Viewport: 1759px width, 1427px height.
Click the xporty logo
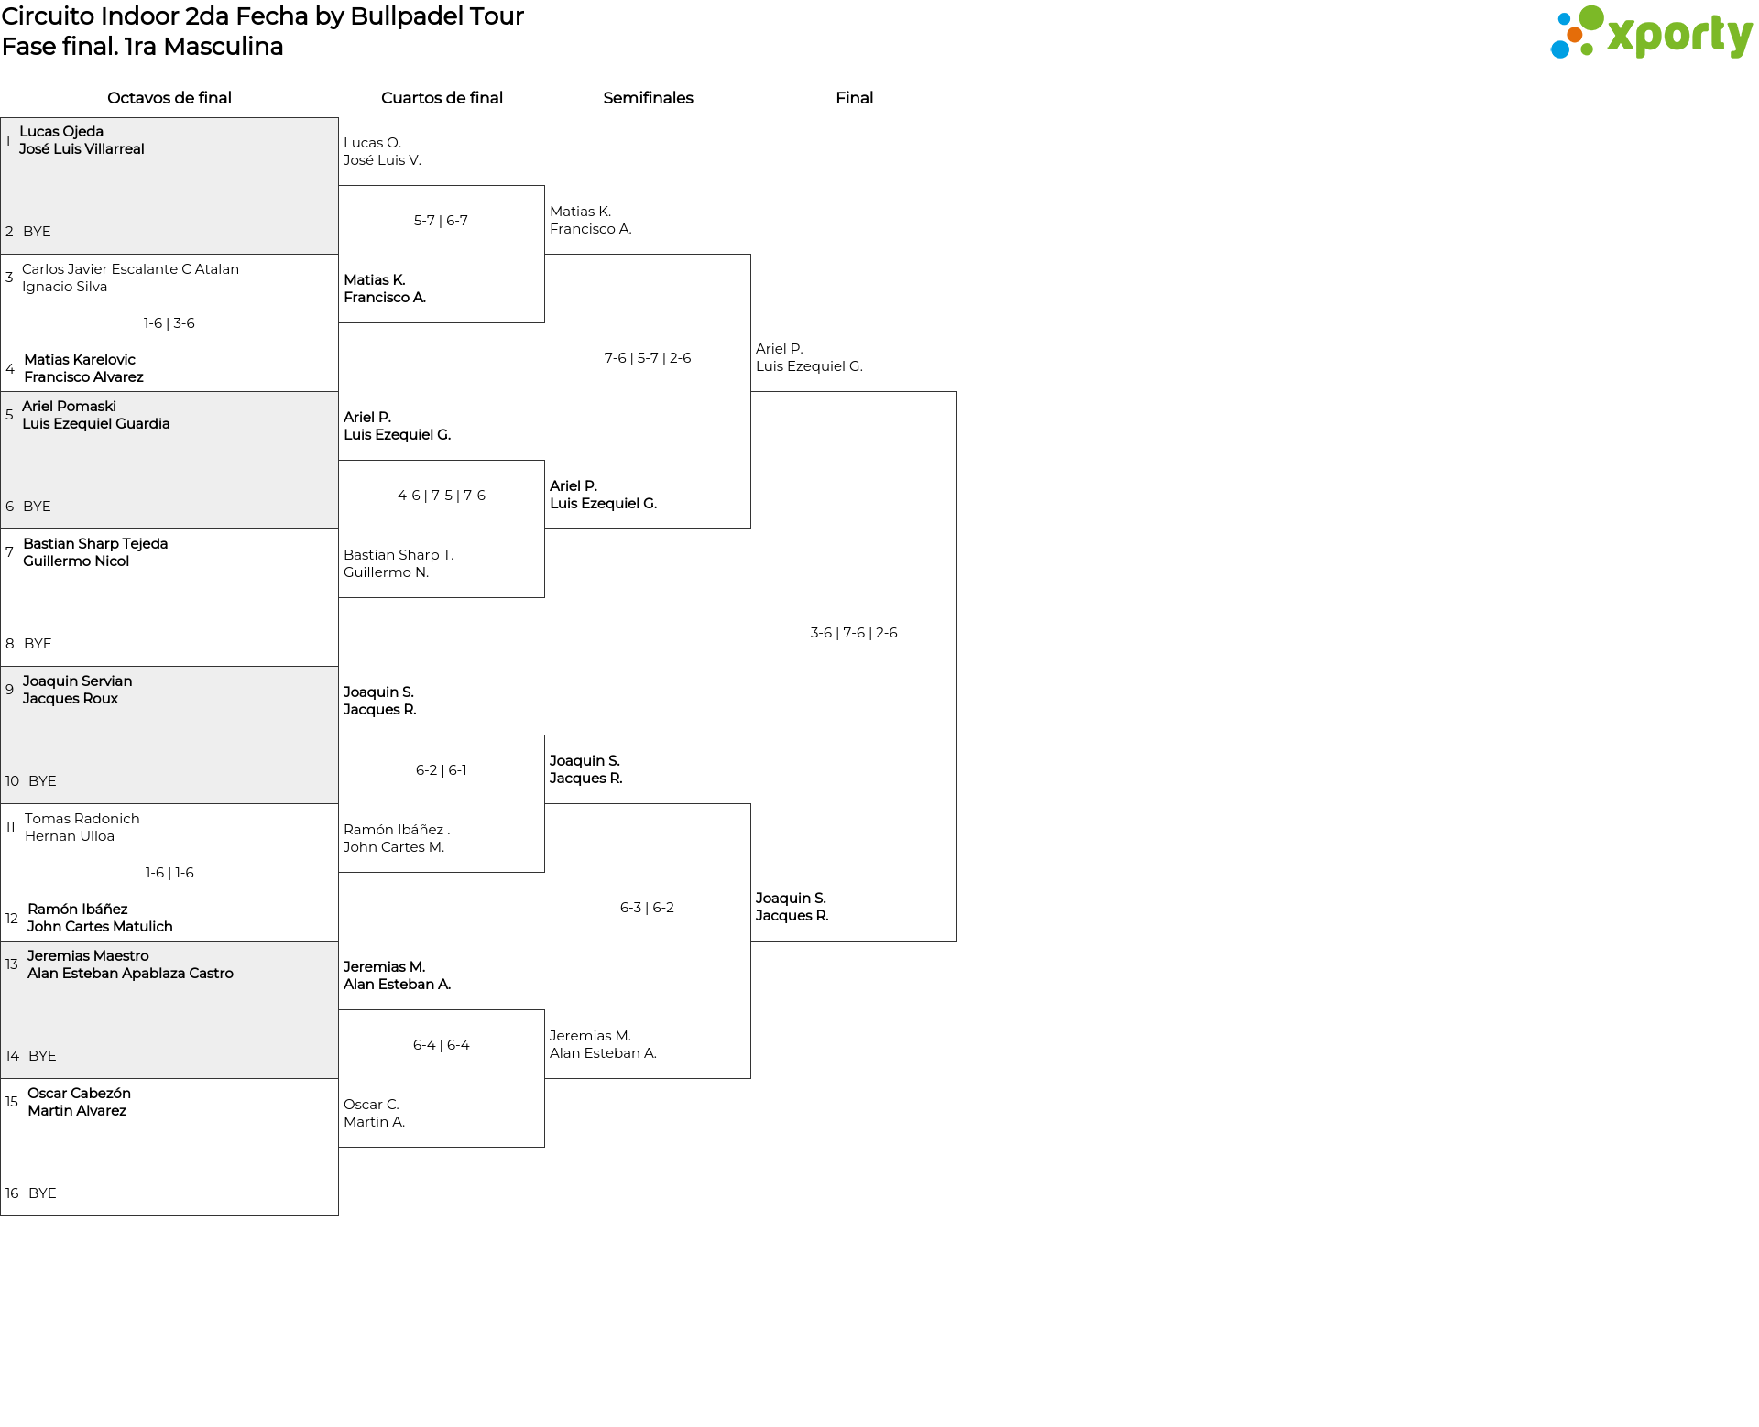click(x=1651, y=33)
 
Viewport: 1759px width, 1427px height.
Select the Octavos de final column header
click(x=169, y=98)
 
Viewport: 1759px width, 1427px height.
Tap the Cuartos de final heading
click(x=442, y=98)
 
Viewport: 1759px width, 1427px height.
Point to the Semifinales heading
click(x=648, y=98)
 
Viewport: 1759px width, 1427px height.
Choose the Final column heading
click(x=854, y=98)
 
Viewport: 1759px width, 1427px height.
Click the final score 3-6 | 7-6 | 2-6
click(x=854, y=633)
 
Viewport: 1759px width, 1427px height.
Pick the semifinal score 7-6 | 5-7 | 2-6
click(x=648, y=358)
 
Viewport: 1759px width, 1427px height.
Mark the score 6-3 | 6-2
click(x=647, y=908)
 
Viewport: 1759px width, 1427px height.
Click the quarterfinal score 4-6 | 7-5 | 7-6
click(x=442, y=496)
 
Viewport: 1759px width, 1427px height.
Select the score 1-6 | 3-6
click(x=169, y=323)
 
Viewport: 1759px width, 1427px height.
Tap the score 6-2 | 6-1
click(x=442, y=770)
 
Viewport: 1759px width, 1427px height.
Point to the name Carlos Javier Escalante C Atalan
click(x=130, y=269)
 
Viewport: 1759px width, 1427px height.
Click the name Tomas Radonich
click(x=82, y=819)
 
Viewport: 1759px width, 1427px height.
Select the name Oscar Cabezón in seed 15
click(x=79, y=1094)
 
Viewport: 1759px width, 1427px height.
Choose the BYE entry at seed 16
click(x=42, y=1193)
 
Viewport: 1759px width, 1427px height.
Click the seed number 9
click(x=9, y=690)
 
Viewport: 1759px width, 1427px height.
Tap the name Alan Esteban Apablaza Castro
click(x=130, y=974)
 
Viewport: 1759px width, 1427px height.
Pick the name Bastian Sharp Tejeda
click(x=95, y=544)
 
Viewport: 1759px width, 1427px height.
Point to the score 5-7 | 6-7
click(x=441, y=221)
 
